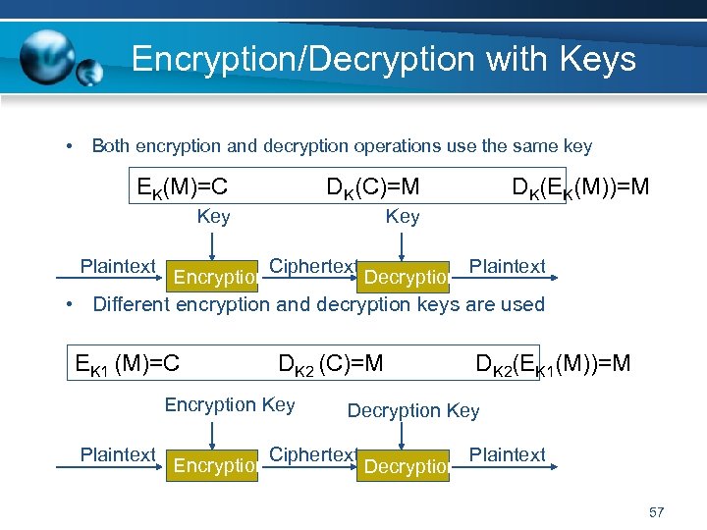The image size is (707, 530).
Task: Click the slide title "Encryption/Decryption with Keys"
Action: (x=383, y=59)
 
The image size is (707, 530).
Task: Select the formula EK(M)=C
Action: (x=182, y=185)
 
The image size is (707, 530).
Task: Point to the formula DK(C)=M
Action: (x=373, y=185)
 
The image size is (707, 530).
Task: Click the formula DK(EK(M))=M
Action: (x=580, y=185)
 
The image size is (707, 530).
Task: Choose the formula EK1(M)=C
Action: (x=128, y=364)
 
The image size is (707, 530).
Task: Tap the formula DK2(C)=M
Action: (x=331, y=364)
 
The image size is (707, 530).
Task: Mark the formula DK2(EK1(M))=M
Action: (x=553, y=364)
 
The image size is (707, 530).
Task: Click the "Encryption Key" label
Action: (x=230, y=404)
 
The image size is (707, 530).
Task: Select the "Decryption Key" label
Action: (x=413, y=410)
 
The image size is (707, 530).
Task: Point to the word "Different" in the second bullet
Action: (x=132, y=304)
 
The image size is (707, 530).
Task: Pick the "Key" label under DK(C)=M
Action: (x=403, y=216)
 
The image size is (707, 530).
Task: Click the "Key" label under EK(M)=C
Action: (x=213, y=216)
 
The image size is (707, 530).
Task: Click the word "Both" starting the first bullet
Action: (x=111, y=146)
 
